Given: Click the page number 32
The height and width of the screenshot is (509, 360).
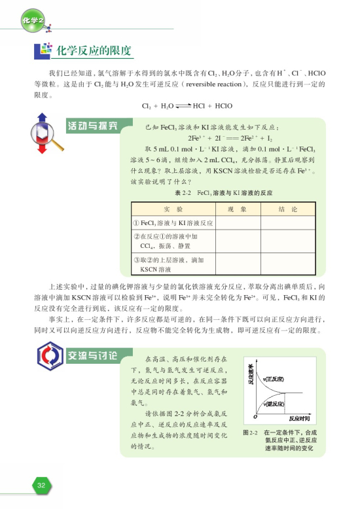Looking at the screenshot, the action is tap(41, 485).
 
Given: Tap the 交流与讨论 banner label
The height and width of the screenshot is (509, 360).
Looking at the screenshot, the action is tap(92, 357).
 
